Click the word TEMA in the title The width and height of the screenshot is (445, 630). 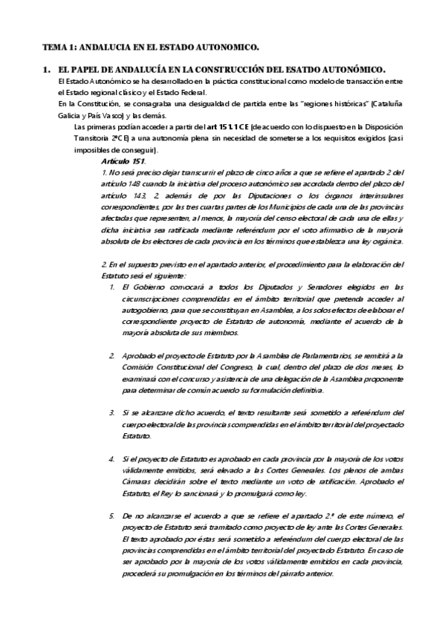53,46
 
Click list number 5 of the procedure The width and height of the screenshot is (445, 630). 111,516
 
